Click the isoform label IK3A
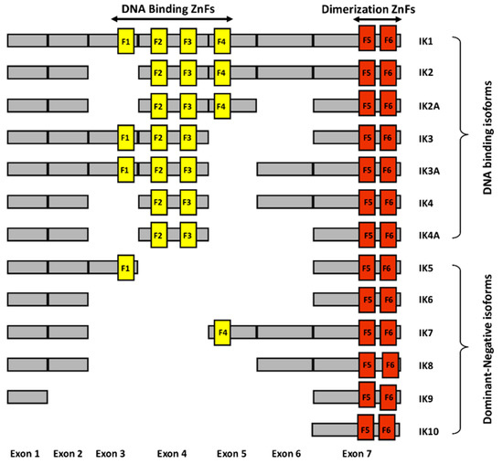[x=426, y=170]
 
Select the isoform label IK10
[x=427, y=429]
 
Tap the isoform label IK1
[x=424, y=41]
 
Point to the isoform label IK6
[x=424, y=300]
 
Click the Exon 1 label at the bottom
[x=27, y=454]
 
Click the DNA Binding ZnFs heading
[x=173, y=8]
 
